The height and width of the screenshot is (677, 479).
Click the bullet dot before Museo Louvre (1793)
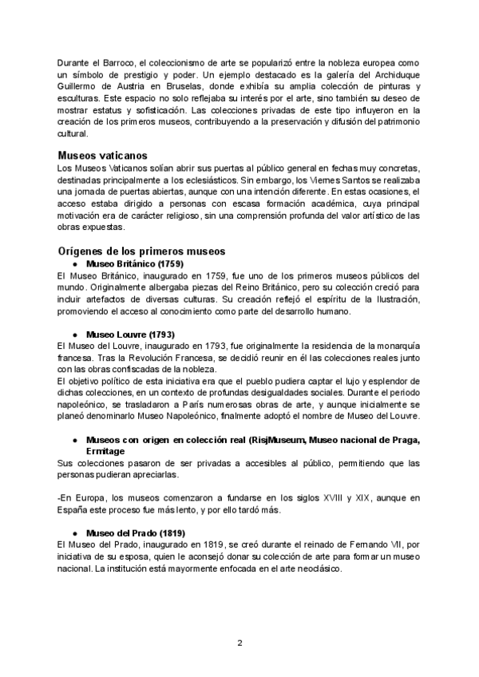tap(74, 333)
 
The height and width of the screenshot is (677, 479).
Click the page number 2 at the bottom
tap(239, 643)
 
